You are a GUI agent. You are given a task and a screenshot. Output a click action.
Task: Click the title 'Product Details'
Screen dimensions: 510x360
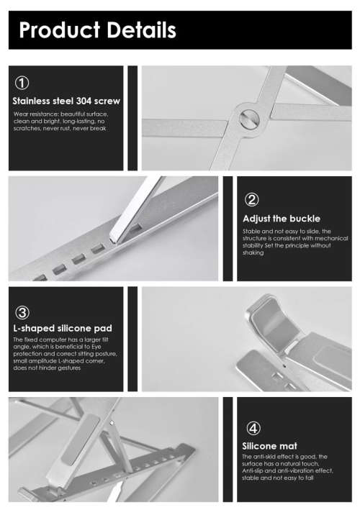pos(97,30)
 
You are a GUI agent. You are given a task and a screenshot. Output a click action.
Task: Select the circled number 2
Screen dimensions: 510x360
pos(253,200)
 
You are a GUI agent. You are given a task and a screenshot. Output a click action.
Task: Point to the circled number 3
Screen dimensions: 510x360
pos(22,312)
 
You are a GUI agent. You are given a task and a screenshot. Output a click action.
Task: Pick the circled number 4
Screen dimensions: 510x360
pos(253,429)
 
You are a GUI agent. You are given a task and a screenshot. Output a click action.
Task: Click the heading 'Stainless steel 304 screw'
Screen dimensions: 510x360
pos(66,101)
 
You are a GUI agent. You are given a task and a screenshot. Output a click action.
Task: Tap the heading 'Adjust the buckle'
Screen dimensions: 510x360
pos(282,218)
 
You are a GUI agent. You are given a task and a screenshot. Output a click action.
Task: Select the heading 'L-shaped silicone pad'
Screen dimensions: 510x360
pos(63,329)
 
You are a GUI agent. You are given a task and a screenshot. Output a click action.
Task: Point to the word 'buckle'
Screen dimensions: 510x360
pos(302,218)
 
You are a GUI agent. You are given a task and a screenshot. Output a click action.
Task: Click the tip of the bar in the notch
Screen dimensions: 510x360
pos(115,234)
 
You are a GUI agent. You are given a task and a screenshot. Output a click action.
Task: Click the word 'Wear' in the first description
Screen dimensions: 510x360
pos(21,114)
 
